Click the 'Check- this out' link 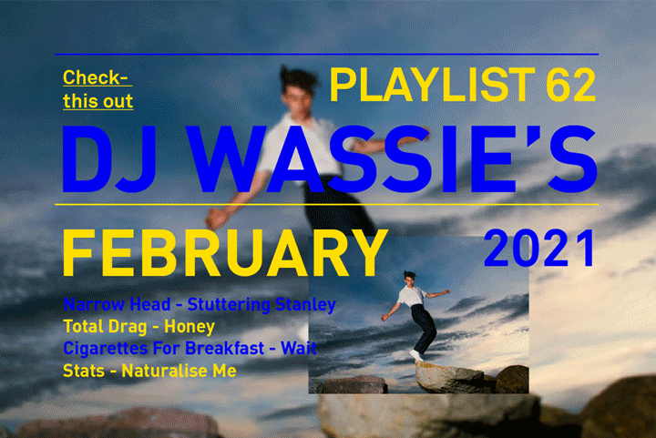click(97, 88)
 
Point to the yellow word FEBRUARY click(219, 254)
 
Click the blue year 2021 click(539, 247)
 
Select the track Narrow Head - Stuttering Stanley click(200, 304)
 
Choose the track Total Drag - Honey click(138, 326)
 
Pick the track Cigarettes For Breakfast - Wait click(190, 348)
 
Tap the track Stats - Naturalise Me click(149, 371)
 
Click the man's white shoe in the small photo click(415, 353)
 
